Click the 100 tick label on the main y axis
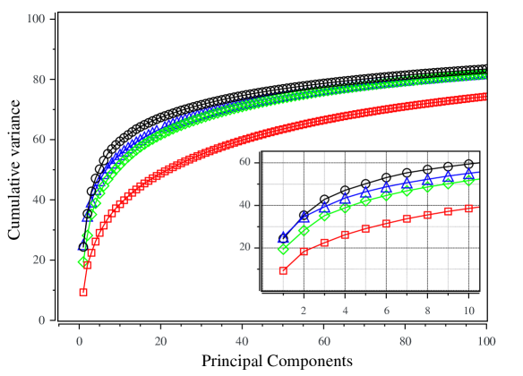pyautogui.click(x=37, y=18)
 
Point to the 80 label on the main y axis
pyautogui.click(x=39, y=79)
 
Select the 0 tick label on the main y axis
pyautogui.click(x=42, y=320)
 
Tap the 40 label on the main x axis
pyautogui.click(x=242, y=341)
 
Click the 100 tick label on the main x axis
pyautogui.click(x=485, y=341)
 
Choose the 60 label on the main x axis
pyautogui.click(x=323, y=341)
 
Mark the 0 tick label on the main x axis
pyautogui.click(x=79, y=341)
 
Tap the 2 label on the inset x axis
pyautogui.click(x=304, y=310)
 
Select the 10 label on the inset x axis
pyautogui.click(x=468, y=310)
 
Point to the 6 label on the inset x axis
pyautogui.click(x=386, y=310)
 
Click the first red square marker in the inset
pyautogui.click(x=283, y=270)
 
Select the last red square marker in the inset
pyautogui.click(x=468, y=209)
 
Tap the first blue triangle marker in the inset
pyautogui.click(x=283, y=237)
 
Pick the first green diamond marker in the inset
pyautogui.click(x=283, y=248)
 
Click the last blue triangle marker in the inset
pyautogui.click(x=468, y=174)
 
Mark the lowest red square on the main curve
pyautogui.click(x=83, y=292)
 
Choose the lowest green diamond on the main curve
pyautogui.click(x=83, y=261)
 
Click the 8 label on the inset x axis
pyautogui.click(x=427, y=310)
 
